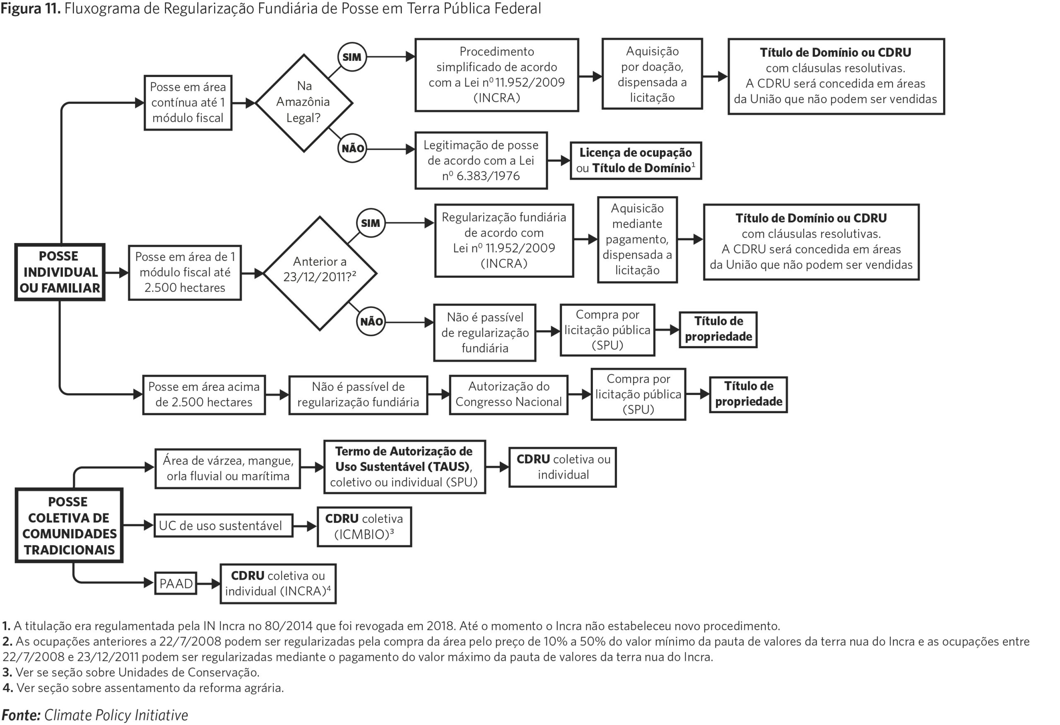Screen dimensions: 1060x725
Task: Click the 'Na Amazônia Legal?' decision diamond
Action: (304, 103)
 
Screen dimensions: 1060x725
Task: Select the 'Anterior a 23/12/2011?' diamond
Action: (320, 273)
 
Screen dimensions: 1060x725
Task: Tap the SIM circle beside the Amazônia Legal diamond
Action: (352, 57)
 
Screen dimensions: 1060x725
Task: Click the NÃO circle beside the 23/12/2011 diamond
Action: (371, 321)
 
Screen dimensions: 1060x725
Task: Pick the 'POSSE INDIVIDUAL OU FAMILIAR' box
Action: (60, 272)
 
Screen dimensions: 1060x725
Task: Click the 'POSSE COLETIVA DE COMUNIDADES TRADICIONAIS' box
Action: (69, 525)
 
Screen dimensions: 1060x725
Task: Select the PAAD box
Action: (176, 583)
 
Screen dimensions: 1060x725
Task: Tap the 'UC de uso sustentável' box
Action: (223, 526)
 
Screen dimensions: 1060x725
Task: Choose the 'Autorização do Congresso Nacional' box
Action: (508, 395)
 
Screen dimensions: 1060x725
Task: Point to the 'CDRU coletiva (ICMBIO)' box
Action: (364, 527)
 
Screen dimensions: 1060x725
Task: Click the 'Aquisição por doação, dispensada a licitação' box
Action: (652, 74)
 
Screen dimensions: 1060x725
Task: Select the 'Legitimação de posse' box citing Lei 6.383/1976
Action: (481, 161)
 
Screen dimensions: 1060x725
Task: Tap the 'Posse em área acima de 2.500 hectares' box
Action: (204, 395)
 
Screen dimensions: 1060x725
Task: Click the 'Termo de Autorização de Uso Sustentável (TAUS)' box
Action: (405, 467)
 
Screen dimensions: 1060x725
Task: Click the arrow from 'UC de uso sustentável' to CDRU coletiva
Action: (305, 526)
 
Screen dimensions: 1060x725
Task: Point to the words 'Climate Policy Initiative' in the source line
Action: (116, 715)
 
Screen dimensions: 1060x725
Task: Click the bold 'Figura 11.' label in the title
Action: (31, 8)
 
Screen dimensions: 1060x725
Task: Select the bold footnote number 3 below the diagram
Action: (6, 672)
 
